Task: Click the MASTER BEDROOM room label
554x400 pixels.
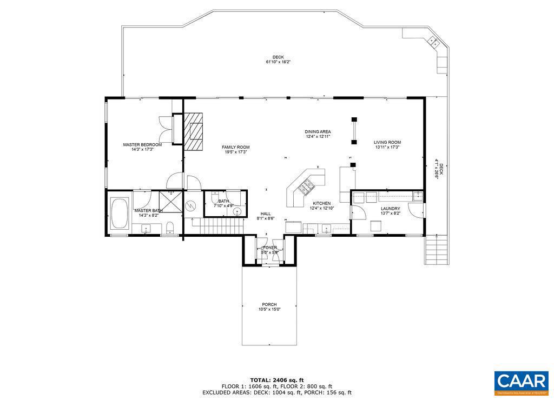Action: pyautogui.click(x=142, y=145)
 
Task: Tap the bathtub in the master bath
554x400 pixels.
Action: pyautogui.click(x=119, y=214)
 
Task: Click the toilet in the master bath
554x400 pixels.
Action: pyautogui.click(x=170, y=226)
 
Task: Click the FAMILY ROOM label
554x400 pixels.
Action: pyautogui.click(x=235, y=147)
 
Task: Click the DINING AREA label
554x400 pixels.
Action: pyautogui.click(x=318, y=131)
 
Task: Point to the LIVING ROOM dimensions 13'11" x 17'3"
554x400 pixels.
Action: pyautogui.click(x=387, y=147)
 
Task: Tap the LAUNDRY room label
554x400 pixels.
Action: pyautogui.click(x=390, y=208)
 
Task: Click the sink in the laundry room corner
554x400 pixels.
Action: pyautogui.click(x=416, y=196)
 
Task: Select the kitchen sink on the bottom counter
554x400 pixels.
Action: pyautogui.click(x=326, y=229)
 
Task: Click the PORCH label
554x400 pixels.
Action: pyautogui.click(x=269, y=304)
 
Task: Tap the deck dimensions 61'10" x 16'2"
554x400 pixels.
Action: pyautogui.click(x=278, y=62)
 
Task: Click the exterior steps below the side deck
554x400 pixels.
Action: pyautogui.click(x=437, y=250)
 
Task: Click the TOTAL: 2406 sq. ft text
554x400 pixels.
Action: pyautogui.click(x=276, y=379)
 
